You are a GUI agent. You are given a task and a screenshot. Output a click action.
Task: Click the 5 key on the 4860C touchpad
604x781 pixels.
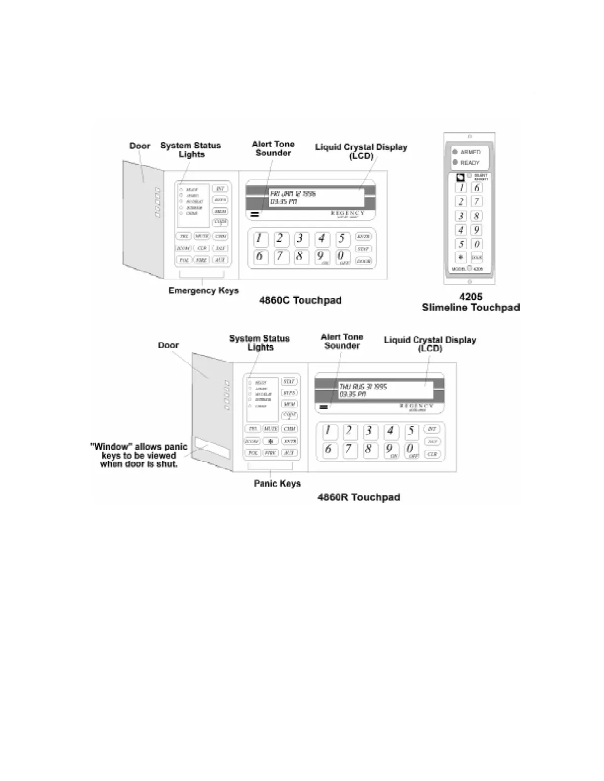[x=342, y=239]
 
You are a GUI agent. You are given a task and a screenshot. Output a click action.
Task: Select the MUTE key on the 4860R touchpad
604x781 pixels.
[x=270, y=429]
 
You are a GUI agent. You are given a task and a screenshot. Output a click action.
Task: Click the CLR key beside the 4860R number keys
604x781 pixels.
[x=432, y=454]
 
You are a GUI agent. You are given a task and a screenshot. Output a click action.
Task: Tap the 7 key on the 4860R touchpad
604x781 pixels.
[x=350, y=449]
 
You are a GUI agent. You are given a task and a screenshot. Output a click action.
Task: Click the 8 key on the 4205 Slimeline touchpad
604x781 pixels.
[x=476, y=215]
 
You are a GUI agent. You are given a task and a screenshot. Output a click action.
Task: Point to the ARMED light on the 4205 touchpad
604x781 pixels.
[x=455, y=152]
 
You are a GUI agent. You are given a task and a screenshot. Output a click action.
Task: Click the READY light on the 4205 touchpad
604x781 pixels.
[x=455, y=162]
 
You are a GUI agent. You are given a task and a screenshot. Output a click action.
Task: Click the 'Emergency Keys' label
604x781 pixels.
[x=203, y=290]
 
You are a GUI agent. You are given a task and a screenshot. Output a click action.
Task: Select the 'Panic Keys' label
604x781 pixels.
[x=277, y=484]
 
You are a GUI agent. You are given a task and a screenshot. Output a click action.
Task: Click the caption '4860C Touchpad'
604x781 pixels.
[x=300, y=300]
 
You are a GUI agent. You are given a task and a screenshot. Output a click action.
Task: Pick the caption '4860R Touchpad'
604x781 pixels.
[x=358, y=497]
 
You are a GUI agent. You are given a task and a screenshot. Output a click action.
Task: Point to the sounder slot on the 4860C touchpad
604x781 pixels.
[x=255, y=214]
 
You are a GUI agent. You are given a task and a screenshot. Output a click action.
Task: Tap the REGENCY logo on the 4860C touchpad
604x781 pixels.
[x=347, y=213]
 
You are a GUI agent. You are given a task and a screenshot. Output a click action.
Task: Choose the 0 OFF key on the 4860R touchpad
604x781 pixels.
[x=411, y=450]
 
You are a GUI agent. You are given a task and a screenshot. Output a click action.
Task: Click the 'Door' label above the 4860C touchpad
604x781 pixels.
[x=140, y=146]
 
